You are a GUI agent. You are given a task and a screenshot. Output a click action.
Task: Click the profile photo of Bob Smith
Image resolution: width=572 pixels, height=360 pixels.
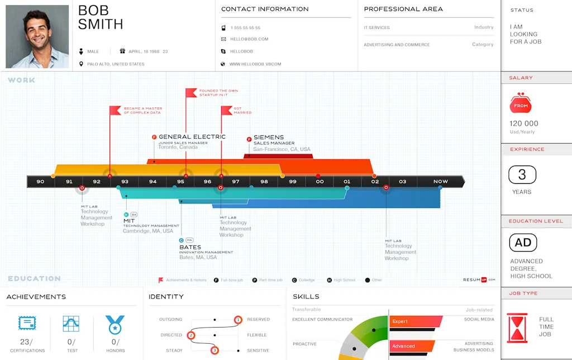click(37, 36)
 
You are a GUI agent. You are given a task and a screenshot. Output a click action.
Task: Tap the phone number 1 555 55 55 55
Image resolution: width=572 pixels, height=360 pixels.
click(245, 27)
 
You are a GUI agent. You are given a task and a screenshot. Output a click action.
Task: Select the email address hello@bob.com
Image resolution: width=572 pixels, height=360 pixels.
click(249, 39)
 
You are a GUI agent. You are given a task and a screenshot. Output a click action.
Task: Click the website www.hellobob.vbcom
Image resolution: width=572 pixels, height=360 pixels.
click(255, 64)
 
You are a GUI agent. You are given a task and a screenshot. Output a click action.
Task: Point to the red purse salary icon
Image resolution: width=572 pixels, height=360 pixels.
click(521, 103)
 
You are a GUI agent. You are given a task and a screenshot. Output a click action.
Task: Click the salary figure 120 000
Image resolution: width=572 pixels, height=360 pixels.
click(524, 124)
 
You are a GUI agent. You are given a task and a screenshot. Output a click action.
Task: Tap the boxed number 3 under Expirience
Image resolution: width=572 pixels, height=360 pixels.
click(522, 175)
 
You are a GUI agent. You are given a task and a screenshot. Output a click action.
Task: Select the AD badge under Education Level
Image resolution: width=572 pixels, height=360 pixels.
click(523, 243)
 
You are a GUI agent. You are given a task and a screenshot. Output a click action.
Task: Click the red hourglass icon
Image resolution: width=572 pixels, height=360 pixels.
click(517, 327)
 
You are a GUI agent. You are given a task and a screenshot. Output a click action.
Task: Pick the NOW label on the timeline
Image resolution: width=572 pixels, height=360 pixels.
click(441, 182)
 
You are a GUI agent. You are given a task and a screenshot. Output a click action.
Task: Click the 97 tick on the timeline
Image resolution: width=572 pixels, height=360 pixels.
click(236, 182)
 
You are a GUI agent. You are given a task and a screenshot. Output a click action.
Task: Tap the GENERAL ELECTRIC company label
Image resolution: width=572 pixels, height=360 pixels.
click(192, 137)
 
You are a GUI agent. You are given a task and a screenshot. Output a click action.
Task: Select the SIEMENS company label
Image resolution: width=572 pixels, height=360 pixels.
click(269, 137)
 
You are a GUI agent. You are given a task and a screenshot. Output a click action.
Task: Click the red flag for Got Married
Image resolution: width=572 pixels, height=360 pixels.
click(226, 110)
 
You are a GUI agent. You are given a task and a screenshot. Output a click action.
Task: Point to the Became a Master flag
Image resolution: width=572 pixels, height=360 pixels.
click(115, 110)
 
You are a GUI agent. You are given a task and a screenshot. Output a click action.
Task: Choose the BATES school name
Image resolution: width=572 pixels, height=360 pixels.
click(190, 247)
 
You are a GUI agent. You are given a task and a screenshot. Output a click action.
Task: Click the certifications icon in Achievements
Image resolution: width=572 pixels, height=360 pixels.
click(27, 323)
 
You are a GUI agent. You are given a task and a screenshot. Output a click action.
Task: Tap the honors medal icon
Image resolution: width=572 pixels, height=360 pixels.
click(115, 324)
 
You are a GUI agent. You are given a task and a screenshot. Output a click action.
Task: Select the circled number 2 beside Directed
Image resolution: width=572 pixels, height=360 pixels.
click(191, 335)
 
